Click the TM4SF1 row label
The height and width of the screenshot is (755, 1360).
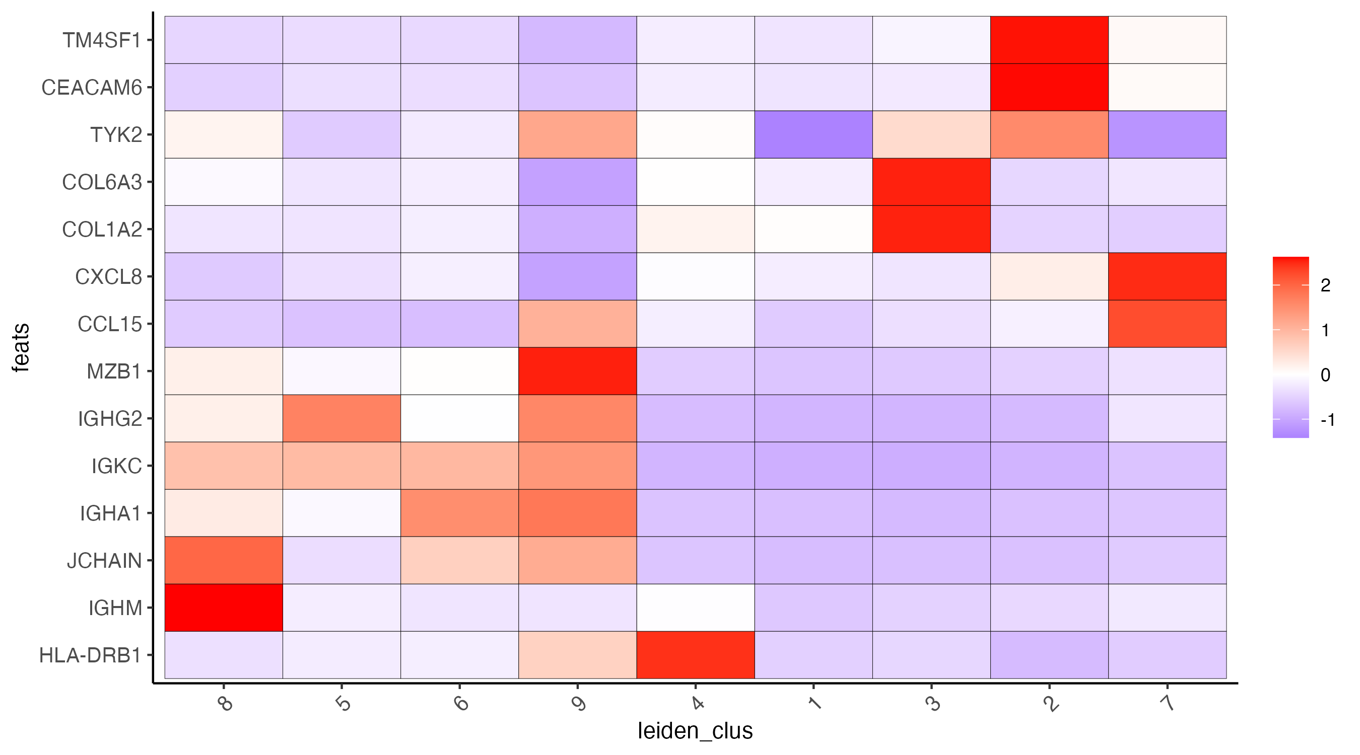click(102, 40)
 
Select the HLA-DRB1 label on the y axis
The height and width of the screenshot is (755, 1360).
click(90, 655)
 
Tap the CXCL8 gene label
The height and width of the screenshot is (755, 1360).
click(108, 276)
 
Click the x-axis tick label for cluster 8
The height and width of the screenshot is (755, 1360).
click(226, 703)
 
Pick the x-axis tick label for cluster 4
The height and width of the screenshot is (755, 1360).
click(698, 703)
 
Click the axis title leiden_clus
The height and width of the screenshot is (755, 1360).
click(695, 731)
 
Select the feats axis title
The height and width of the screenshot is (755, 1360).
click(21, 348)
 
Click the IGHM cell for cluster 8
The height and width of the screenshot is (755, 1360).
click(223, 608)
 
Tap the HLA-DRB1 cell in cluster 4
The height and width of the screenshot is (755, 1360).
click(695, 655)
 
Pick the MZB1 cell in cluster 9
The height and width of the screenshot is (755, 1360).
click(577, 371)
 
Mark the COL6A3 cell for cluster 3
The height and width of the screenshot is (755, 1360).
click(931, 182)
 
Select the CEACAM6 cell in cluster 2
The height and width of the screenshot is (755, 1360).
click(1049, 87)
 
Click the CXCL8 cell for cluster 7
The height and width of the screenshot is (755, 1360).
click(1167, 276)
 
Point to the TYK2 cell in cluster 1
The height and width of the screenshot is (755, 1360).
click(813, 134)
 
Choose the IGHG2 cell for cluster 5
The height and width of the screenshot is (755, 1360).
click(342, 418)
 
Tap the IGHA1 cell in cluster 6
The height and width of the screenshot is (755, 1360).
click(459, 513)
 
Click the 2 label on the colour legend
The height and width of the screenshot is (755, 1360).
click(1325, 285)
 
